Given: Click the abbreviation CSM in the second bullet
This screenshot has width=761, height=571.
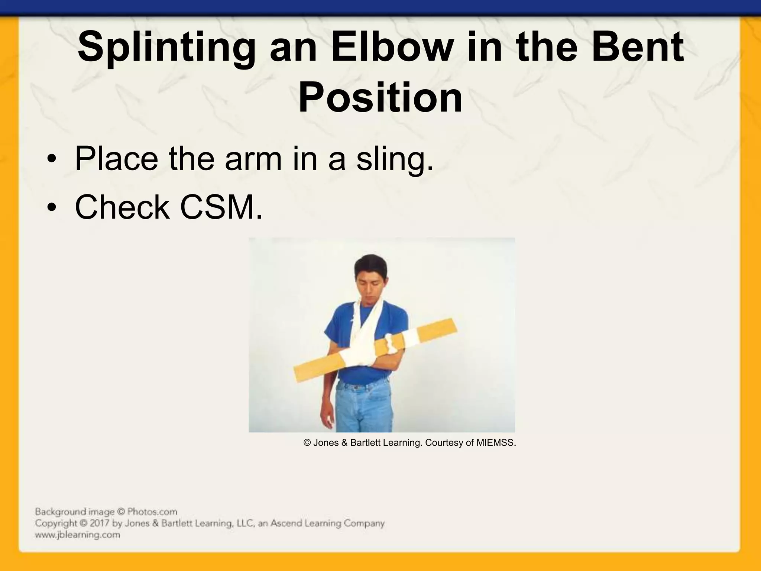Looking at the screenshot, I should coord(221,207).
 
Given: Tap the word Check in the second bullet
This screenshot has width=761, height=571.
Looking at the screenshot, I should coord(122,207).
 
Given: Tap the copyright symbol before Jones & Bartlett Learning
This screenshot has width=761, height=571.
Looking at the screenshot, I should coord(307,443).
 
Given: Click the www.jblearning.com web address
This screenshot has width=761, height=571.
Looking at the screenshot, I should coord(78,535).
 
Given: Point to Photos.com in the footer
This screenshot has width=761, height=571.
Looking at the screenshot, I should coord(152,512).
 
